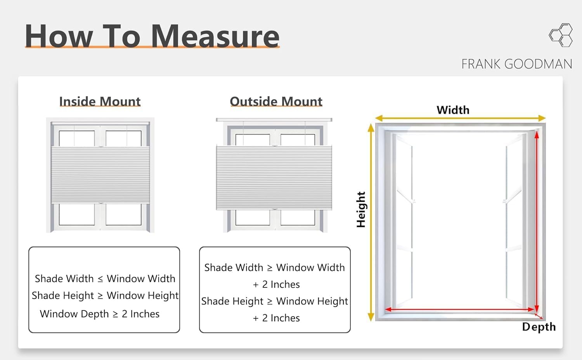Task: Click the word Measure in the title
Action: tap(215, 36)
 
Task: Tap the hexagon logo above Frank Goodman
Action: tap(561, 35)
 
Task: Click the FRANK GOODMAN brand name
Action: tap(516, 64)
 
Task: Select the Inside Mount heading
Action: tap(100, 101)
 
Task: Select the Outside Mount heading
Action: tap(276, 101)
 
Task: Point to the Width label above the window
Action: tap(453, 110)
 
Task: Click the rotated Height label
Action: tap(361, 209)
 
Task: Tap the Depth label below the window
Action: tap(539, 327)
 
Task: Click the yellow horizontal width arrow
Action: tap(460, 118)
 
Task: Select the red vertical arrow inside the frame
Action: tap(537, 221)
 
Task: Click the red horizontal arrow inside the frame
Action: tap(460, 310)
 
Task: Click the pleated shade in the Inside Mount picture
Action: tap(100, 175)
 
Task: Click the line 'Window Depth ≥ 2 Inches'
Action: tap(100, 314)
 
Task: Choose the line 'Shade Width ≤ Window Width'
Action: tap(105, 279)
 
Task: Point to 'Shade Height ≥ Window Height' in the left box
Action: tap(105, 296)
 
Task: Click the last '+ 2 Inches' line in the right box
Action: tap(276, 318)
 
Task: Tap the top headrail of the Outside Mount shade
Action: tap(274, 120)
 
